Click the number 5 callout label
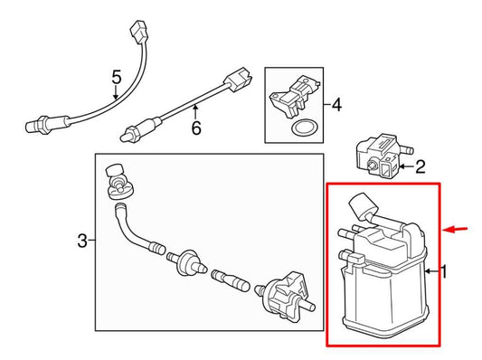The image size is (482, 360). coord(117,77)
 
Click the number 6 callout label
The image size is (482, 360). coord(196,128)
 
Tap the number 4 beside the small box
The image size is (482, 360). coord(337,105)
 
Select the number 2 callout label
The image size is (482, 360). coord(420,167)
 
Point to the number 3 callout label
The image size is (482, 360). coord(82,241)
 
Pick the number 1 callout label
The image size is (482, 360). coord(444,271)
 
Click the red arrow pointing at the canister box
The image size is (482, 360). coord(456,229)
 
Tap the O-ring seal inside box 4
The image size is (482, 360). coord(302,128)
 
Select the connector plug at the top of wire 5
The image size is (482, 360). coord(139,32)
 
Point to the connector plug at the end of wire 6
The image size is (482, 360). coord(239,80)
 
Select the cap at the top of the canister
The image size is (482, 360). coord(363,205)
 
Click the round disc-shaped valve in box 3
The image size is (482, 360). coord(187,263)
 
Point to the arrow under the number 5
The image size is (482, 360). coord(116,93)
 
